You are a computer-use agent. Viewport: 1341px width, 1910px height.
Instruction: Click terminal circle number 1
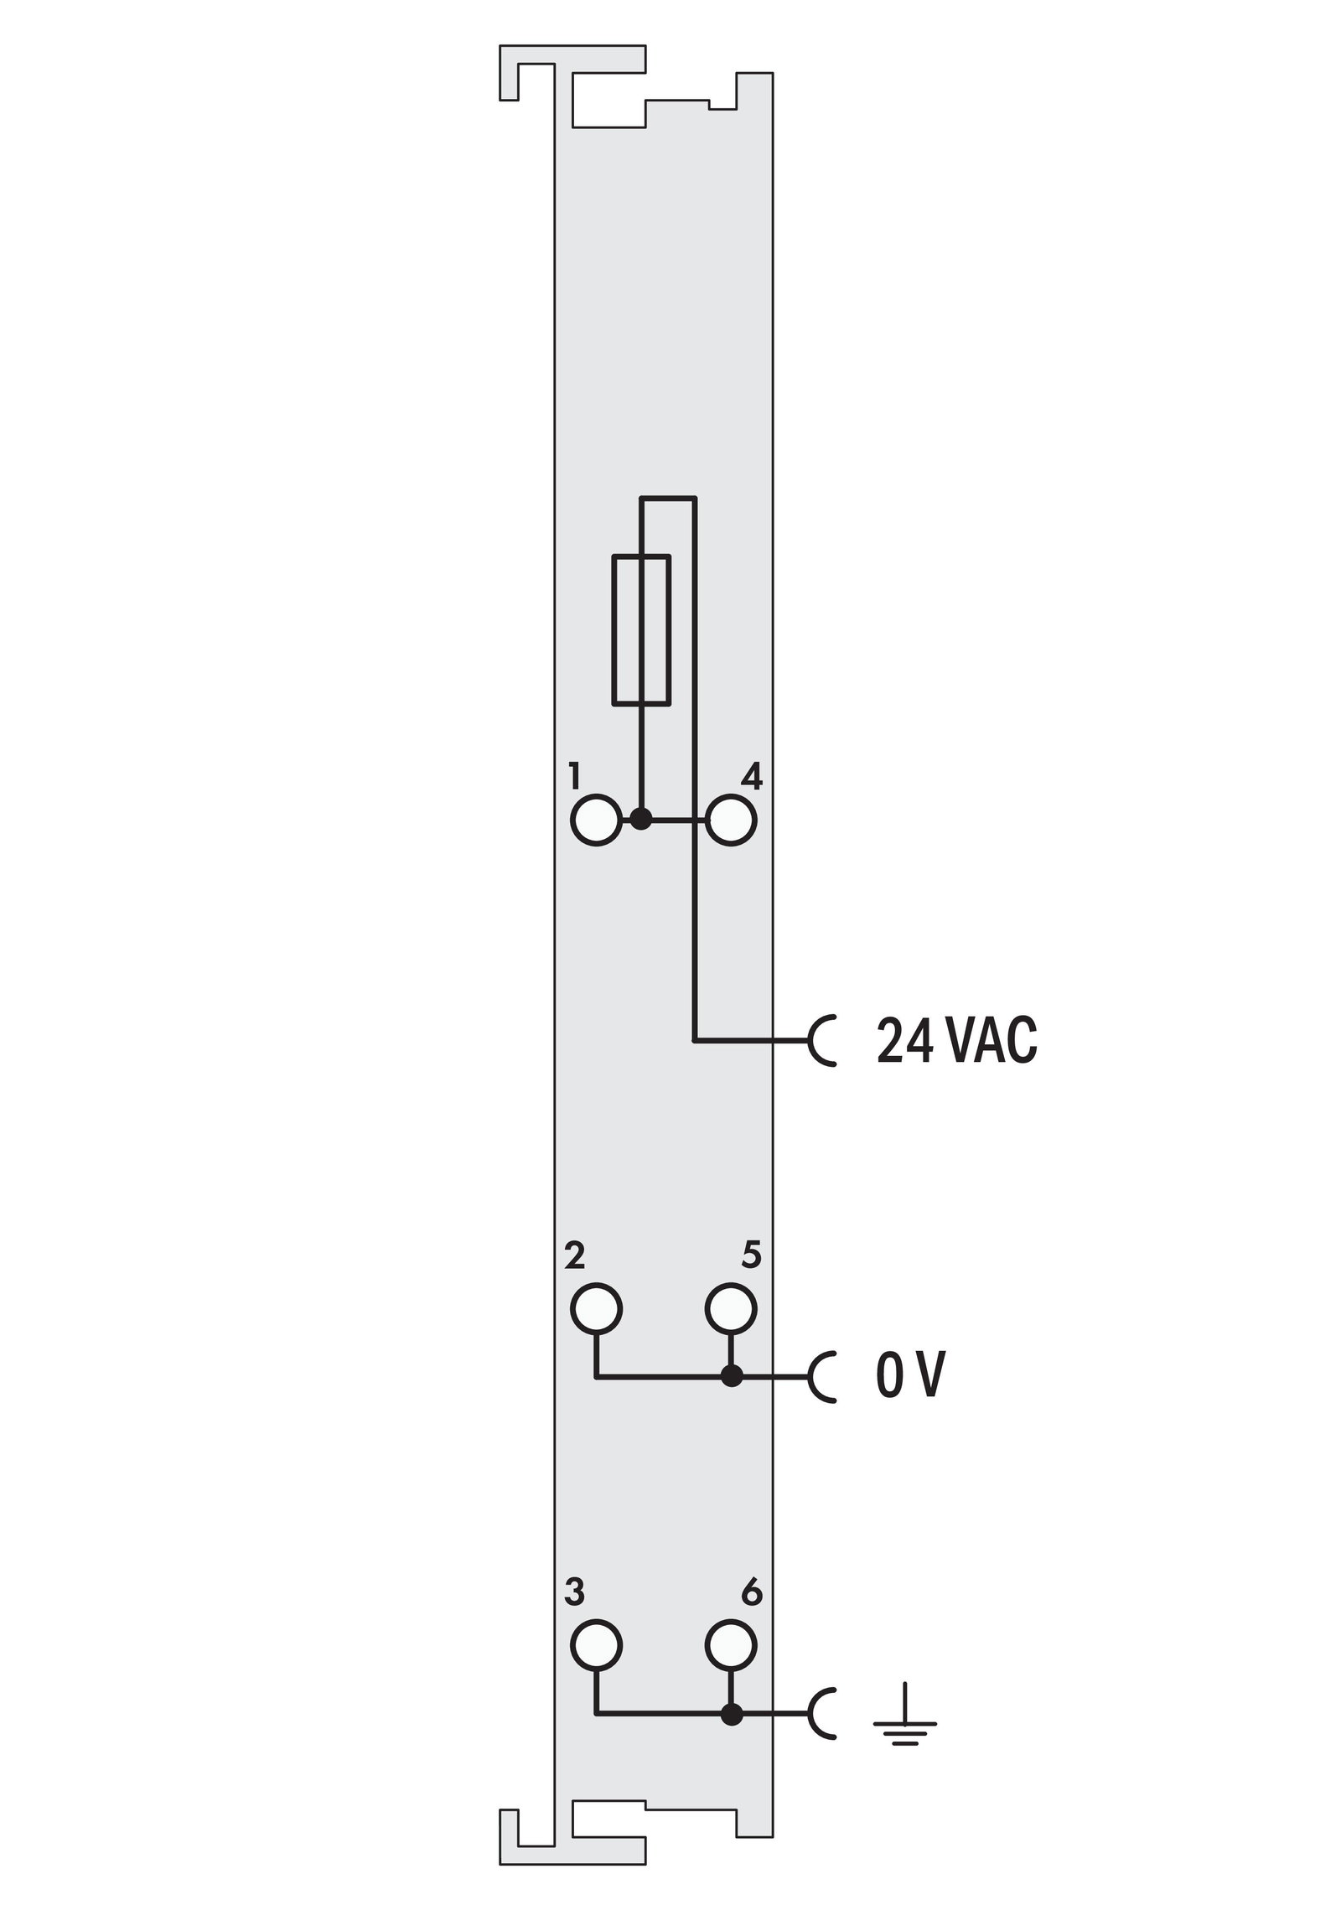pyautogui.click(x=596, y=820)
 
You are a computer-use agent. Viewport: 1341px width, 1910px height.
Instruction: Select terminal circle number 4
pyautogui.click(x=732, y=820)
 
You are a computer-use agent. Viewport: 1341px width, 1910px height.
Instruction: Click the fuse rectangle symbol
pyautogui.click(x=641, y=629)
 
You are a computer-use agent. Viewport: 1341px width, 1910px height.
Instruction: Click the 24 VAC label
pyautogui.click(x=956, y=1041)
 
